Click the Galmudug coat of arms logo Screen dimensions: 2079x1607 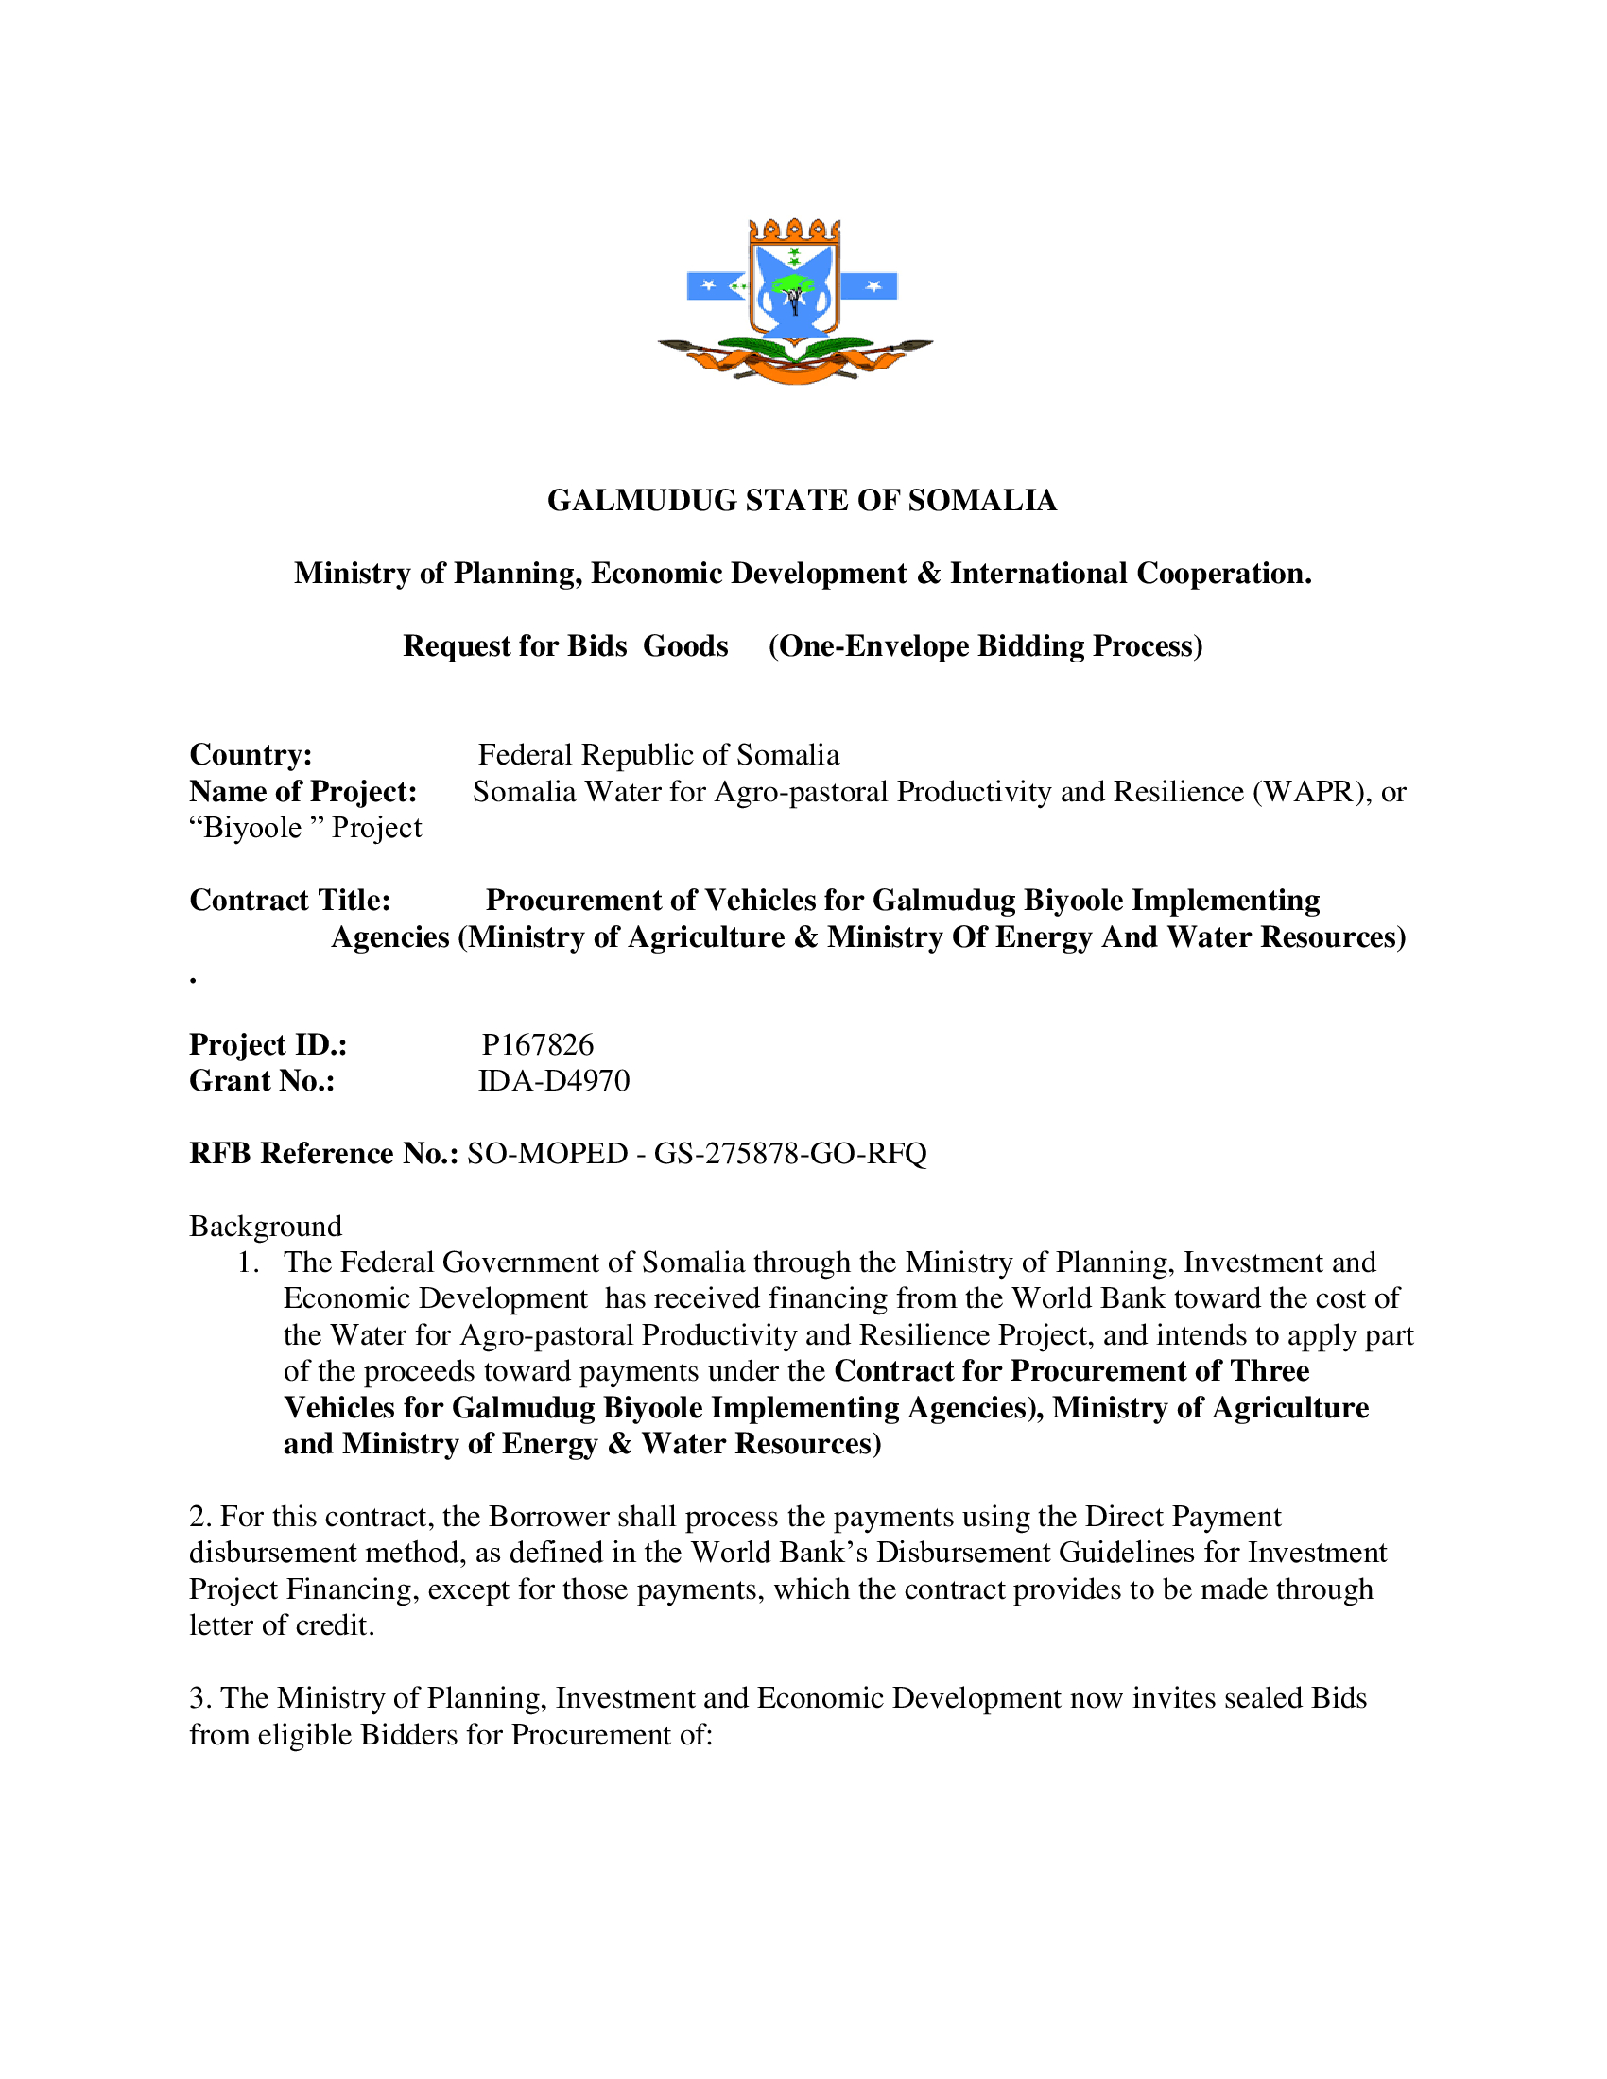(x=795, y=301)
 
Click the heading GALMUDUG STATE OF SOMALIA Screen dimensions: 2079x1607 (x=802, y=501)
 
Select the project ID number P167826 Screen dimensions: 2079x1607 (x=537, y=1044)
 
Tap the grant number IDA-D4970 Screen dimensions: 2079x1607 (x=553, y=1081)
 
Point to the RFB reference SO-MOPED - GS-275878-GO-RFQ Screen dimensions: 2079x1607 (x=696, y=1154)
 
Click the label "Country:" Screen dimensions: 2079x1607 (x=251, y=755)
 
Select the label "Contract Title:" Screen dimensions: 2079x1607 (x=289, y=901)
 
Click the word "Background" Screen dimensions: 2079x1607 (x=266, y=1226)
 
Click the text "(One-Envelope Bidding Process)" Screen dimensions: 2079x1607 (x=985, y=646)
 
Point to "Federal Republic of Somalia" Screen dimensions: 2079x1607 (x=659, y=755)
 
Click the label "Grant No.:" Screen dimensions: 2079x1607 (x=262, y=1081)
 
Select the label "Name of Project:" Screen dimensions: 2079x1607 (x=302, y=792)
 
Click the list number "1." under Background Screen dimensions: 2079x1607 (x=249, y=1263)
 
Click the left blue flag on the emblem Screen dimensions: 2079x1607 (x=717, y=285)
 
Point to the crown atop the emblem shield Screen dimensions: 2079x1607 (x=795, y=231)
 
